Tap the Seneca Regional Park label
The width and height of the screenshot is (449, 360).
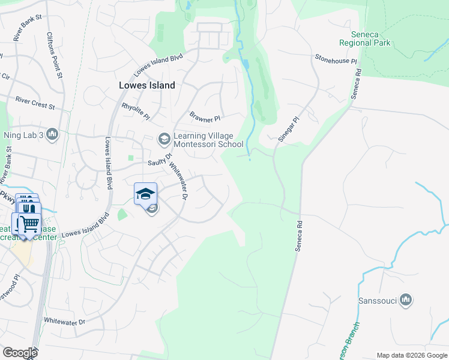click(364, 38)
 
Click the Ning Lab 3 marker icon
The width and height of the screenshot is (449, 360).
click(52, 134)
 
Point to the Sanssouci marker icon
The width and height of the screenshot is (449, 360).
click(406, 300)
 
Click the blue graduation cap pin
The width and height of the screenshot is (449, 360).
click(145, 194)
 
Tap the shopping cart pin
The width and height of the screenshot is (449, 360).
click(29, 224)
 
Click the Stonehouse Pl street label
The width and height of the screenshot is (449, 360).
click(336, 59)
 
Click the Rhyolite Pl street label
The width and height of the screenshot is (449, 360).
click(135, 109)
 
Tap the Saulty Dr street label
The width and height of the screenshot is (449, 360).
click(160, 162)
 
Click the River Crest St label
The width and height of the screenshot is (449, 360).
click(35, 103)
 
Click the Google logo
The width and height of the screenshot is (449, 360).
click(20, 353)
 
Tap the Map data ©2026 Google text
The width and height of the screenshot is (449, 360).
click(412, 355)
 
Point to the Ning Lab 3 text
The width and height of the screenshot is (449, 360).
click(24, 134)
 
